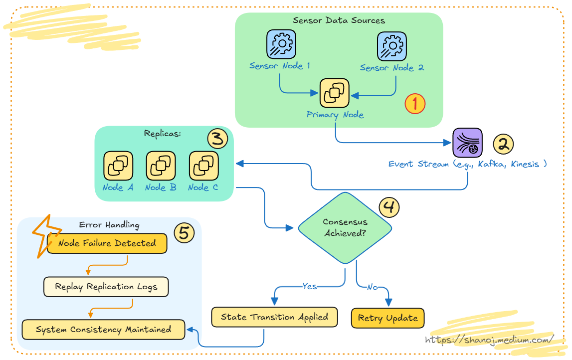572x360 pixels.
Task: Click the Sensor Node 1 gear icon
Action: [x=281, y=44]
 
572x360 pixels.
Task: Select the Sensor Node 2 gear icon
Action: [x=391, y=46]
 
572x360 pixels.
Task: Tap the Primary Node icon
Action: [x=334, y=93]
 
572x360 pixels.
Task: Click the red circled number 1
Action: [x=414, y=104]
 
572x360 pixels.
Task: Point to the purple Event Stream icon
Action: [x=467, y=142]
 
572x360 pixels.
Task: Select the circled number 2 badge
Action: [x=503, y=144]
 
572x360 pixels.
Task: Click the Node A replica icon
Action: [x=118, y=166]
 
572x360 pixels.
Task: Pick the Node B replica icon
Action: [x=161, y=166]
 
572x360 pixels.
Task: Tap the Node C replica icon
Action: [x=203, y=166]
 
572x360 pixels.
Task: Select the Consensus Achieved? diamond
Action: [x=345, y=228]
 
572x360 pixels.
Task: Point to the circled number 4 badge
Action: [x=389, y=207]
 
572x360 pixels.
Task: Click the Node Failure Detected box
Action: [x=107, y=243]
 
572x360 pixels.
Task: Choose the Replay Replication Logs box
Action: [x=106, y=287]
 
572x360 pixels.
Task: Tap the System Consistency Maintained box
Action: [x=103, y=330]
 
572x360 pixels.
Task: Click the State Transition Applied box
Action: [x=274, y=317]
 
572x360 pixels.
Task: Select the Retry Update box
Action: [x=387, y=318]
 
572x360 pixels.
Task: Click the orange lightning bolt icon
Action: [x=46, y=235]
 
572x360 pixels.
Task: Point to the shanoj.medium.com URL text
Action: [x=489, y=340]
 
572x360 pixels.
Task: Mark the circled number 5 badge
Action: [x=184, y=233]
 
